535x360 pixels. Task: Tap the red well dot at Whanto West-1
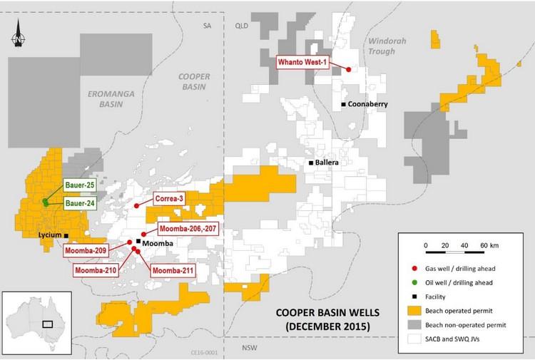click(x=348, y=69)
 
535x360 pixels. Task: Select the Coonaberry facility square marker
click(x=343, y=104)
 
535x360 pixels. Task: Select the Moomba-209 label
click(x=85, y=251)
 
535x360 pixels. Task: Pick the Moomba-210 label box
click(x=96, y=270)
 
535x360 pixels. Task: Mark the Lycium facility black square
click(x=66, y=235)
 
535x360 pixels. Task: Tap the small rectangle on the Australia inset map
click(x=49, y=323)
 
